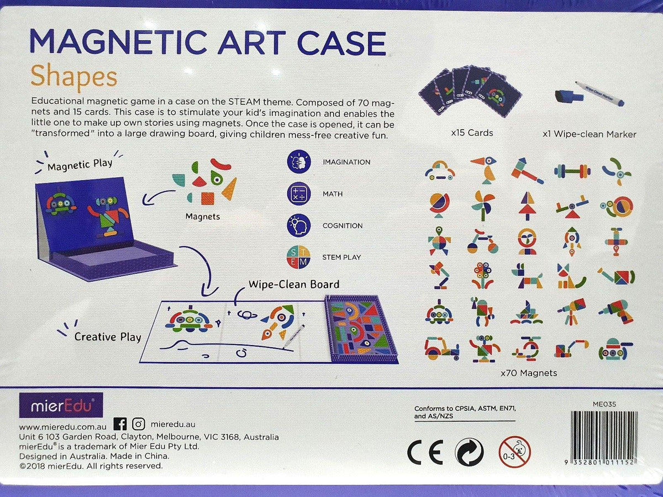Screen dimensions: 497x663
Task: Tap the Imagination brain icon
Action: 299,162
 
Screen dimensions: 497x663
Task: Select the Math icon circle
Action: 299,194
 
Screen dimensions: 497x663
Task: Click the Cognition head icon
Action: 299,225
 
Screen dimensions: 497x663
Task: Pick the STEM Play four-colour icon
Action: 299,257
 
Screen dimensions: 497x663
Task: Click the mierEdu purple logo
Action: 61,405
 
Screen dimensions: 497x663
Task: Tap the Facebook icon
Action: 120,424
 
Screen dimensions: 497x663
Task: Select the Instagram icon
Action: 139,424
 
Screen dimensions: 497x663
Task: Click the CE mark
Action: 425,453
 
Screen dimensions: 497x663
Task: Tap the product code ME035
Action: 604,404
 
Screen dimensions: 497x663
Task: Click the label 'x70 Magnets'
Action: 528,373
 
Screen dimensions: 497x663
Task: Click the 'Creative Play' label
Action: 108,336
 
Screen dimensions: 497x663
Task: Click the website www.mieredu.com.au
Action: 62,426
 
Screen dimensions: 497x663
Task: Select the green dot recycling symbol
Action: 469,452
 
